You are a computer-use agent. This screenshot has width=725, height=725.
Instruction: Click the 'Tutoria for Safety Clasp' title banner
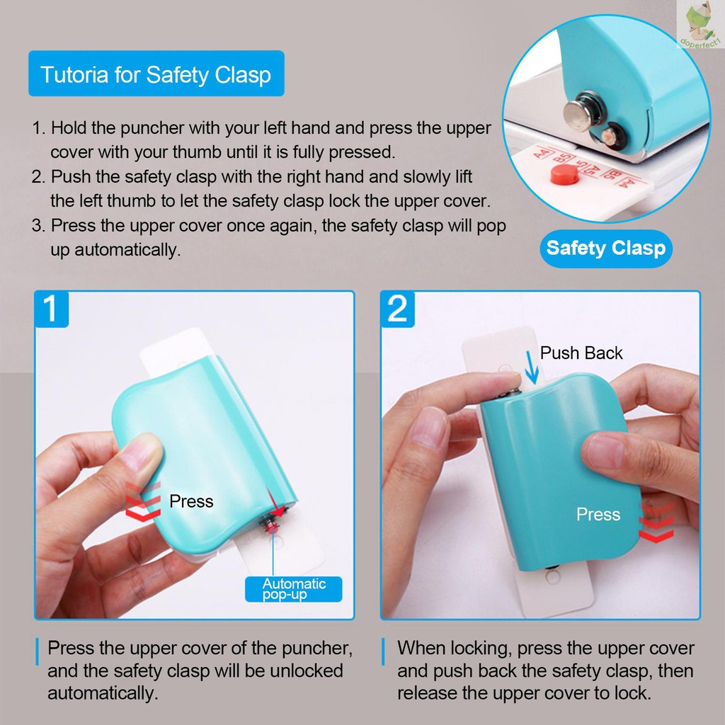pyautogui.click(x=156, y=74)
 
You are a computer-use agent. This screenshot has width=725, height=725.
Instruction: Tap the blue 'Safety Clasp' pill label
pyautogui.click(x=606, y=249)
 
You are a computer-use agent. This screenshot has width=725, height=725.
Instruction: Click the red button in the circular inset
pyautogui.click(x=564, y=174)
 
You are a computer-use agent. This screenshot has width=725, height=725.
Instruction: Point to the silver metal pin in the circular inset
pyautogui.click(x=581, y=111)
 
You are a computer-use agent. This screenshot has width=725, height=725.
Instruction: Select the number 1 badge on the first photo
pyautogui.click(x=52, y=309)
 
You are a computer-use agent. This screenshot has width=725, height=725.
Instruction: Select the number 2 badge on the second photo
pyautogui.click(x=397, y=309)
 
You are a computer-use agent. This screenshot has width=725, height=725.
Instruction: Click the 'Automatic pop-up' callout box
pyautogui.click(x=294, y=589)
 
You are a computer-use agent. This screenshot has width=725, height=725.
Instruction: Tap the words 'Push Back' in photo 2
pyautogui.click(x=581, y=353)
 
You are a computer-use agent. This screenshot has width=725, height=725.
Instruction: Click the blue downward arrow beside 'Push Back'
pyautogui.click(x=531, y=367)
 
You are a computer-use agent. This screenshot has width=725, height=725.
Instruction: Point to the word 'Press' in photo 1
pyautogui.click(x=191, y=501)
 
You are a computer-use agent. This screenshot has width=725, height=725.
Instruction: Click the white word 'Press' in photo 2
pyautogui.click(x=598, y=514)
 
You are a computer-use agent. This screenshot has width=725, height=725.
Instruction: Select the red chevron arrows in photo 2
pyautogui.click(x=656, y=522)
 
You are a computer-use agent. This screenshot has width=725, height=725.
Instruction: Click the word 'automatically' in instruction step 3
pyautogui.click(x=127, y=250)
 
